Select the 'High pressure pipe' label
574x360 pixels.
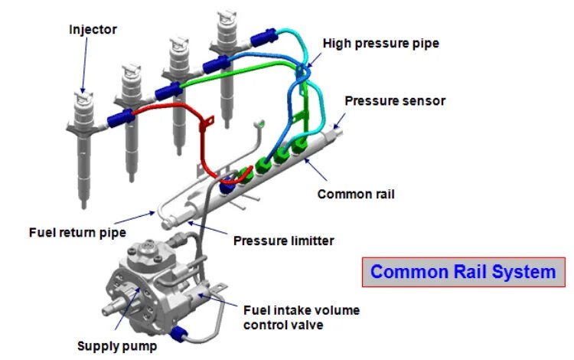click(381, 43)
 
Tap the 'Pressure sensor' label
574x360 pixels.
click(394, 100)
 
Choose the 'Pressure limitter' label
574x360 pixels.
click(283, 241)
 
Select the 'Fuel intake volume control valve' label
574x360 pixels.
click(301, 317)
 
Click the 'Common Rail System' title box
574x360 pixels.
click(464, 272)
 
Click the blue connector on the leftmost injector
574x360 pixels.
click(121, 116)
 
